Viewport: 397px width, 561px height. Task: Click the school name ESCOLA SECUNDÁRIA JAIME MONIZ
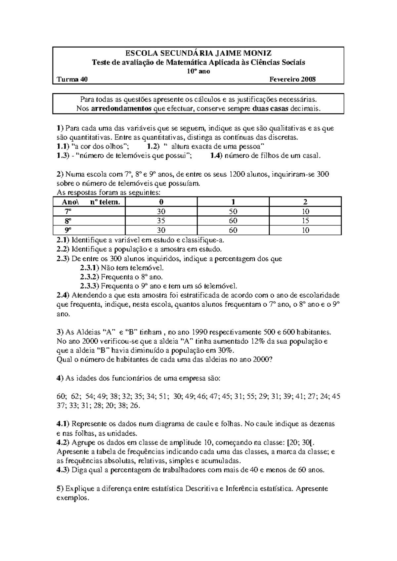tap(198, 53)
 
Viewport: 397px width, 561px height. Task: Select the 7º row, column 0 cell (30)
tap(161, 212)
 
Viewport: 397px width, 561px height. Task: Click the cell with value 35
tap(161, 221)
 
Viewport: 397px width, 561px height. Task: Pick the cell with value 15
tap(305, 221)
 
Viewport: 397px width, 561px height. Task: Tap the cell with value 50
tap(233, 212)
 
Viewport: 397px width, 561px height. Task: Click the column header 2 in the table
tap(305, 202)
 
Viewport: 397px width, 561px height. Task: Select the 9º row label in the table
tap(68, 230)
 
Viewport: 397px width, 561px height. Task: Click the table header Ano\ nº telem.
tap(89, 202)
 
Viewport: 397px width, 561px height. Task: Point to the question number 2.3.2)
tap(89, 277)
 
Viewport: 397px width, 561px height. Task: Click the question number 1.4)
tap(217, 156)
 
